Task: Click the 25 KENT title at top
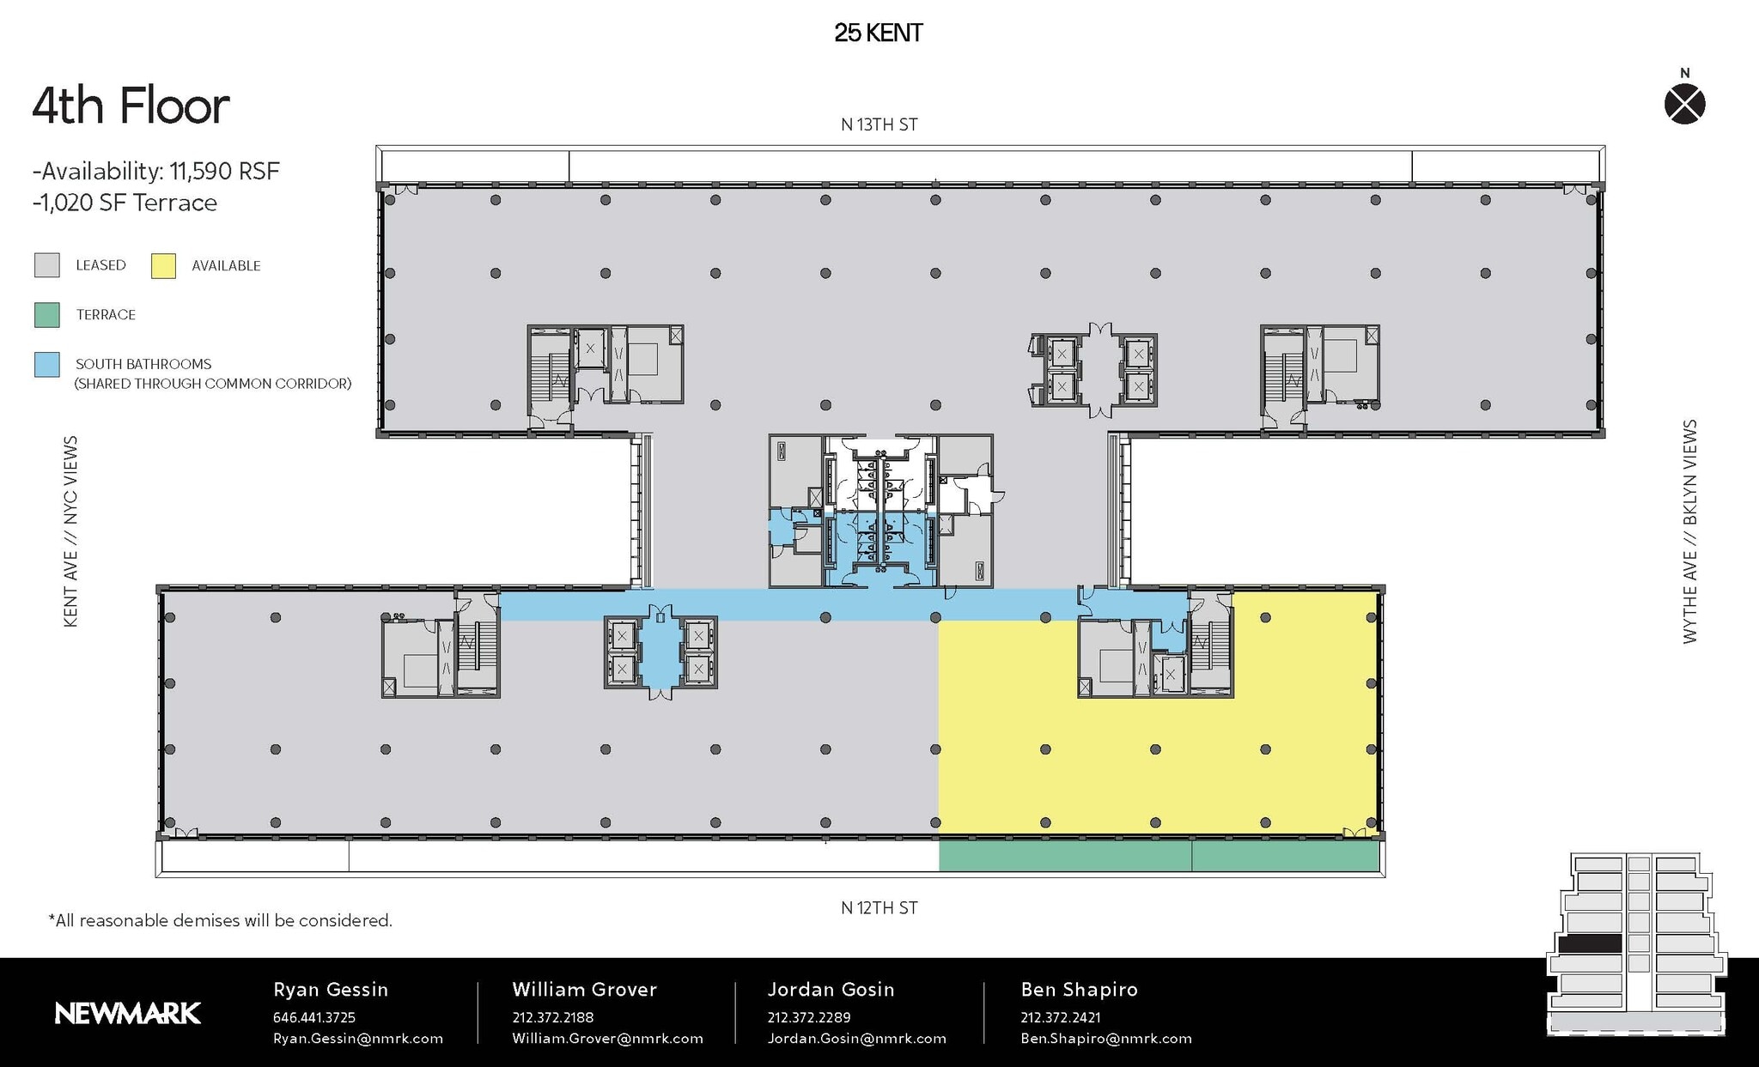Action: pos(878,33)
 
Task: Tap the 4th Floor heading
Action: pos(131,106)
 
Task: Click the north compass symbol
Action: pos(1684,105)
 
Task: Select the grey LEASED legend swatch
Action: pos(47,265)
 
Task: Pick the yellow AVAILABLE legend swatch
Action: pos(163,266)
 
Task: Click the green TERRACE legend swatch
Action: pos(47,315)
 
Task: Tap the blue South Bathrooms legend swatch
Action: pos(47,365)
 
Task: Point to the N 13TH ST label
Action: pos(879,125)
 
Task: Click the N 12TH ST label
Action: pos(879,908)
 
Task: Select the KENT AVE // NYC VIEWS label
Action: pos(71,531)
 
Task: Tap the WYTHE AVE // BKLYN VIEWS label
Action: pos(1689,531)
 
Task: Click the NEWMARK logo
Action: pos(128,1014)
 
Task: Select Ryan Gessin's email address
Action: pos(357,1039)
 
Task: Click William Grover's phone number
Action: pos(552,1017)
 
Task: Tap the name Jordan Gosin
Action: pos(831,990)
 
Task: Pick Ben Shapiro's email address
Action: pos(1105,1039)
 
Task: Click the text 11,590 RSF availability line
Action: pos(156,172)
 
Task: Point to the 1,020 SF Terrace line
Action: pos(125,203)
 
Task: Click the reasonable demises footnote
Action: pos(221,921)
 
